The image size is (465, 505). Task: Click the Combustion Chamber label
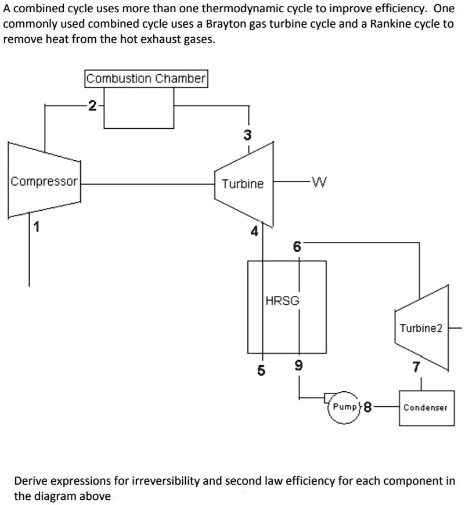click(x=146, y=78)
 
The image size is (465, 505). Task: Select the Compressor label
click(x=44, y=181)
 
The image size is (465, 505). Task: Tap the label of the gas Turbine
click(x=243, y=184)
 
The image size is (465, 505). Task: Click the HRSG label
click(x=283, y=301)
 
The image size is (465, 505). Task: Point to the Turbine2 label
click(x=421, y=329)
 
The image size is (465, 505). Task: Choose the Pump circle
click(x=345, y=407)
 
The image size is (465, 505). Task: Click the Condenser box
click(x=426, y=407)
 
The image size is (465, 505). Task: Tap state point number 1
click(x=36, y=228)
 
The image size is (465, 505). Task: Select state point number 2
click(x=92, y=105)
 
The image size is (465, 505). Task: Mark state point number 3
click(x=248, y=135)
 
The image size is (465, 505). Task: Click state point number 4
click(x=253, y=232)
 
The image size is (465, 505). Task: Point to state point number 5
click(x=261, y=370)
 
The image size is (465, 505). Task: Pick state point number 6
click(x=297, y=247)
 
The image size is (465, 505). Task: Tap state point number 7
click(x=414, y=366)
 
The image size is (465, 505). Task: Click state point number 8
click(x=369, y=407)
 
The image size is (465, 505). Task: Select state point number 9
click(x=298, y=366)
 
